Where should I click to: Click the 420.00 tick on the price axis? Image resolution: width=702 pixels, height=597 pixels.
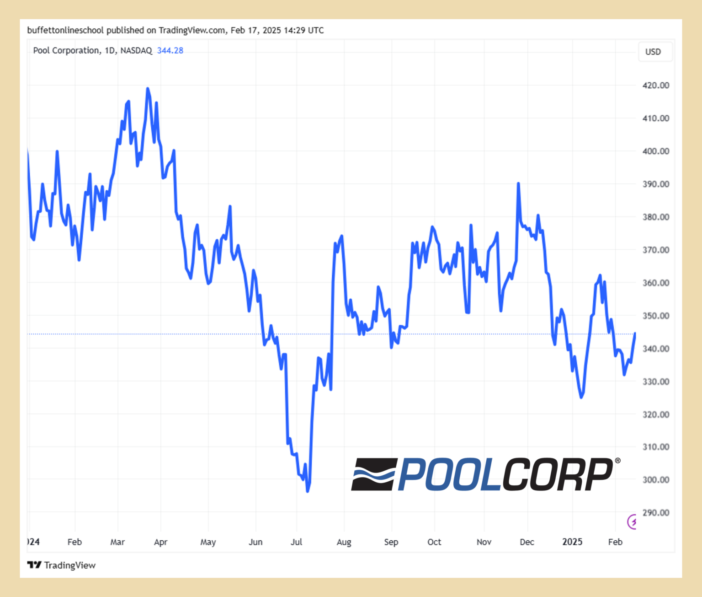[x=655, y=86]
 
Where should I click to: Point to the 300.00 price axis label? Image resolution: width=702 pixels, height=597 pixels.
[x=655, y=480]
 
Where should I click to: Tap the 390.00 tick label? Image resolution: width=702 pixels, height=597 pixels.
[x=655, y=184]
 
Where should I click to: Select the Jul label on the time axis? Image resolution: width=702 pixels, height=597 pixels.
[x=296, y=542]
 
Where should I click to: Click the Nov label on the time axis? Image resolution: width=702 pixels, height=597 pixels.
[x=484, y=542]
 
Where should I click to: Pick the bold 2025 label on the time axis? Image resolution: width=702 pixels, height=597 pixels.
[x=572, y=542]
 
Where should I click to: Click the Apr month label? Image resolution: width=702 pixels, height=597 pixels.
[x=160, y=542]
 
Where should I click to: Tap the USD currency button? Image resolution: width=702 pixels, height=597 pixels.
[x=653, y=52]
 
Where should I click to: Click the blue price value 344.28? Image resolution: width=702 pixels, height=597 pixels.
[x=170, y=51]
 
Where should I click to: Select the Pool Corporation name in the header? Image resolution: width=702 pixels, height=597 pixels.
[x=66, y=51]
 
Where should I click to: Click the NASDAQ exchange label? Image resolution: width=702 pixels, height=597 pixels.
[x=136, y=51]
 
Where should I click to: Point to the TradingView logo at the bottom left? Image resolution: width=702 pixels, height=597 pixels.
[x=61, y=565]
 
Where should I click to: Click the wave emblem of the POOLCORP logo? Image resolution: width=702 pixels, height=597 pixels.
[x=373, y=474]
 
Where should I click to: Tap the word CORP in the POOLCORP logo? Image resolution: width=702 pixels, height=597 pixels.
[x=558, y=474]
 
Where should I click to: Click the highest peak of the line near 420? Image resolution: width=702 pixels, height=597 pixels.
[x=147, y=89]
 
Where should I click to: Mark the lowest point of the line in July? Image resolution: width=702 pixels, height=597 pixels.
[x=308, y=491]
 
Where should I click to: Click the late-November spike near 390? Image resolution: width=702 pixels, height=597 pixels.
[x=518, y=183]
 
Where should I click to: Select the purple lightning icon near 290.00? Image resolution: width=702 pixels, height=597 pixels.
[x=633, y=522]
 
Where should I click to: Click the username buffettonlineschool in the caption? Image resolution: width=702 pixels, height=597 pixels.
[x=65, y=31]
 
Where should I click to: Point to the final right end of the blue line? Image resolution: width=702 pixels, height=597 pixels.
[x=635, y=333]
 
